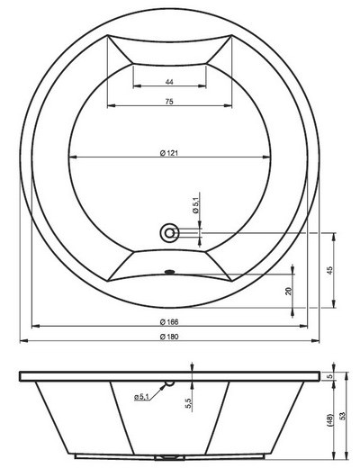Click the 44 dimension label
(169, 82)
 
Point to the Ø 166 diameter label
(169, 320)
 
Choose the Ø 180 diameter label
(169, 336)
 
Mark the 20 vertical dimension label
(287, 291)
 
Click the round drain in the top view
(169, 233)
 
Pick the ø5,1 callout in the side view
(144, 397)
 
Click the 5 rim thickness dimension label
(331, 376)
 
